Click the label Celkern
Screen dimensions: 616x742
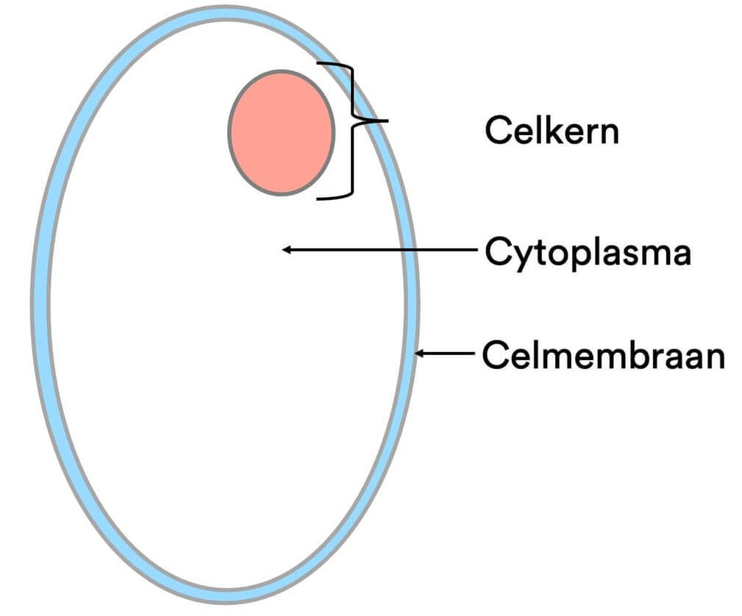pos(552,132)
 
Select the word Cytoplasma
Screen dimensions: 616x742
pos(588,254)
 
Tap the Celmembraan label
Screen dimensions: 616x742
pos(603,357)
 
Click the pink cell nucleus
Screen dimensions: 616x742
pos(281,132)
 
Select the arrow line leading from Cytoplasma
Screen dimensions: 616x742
pos(382,250)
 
